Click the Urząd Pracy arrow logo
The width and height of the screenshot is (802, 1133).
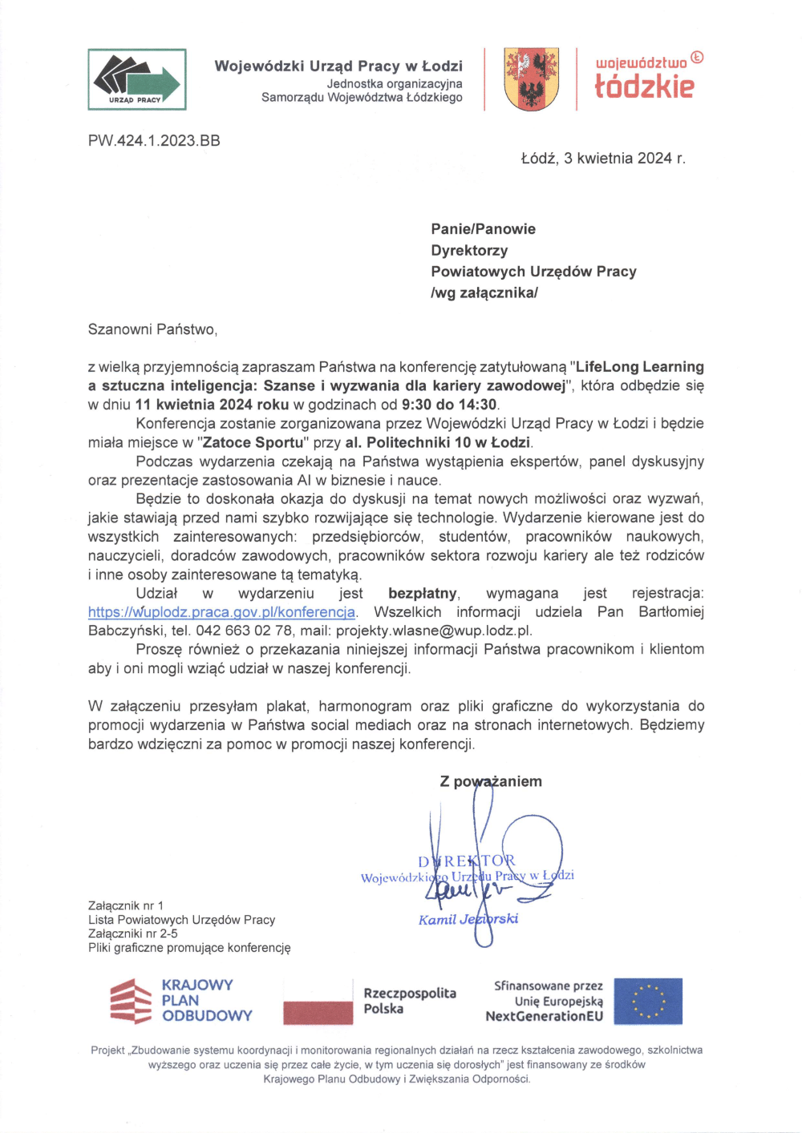(137, 79)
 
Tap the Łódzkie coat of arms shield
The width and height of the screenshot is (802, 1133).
(531, 79)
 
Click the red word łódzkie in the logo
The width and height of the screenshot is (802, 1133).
(644, 86)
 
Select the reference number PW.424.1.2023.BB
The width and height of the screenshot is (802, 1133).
(154, 141)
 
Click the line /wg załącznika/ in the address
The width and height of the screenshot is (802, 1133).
(484, 292)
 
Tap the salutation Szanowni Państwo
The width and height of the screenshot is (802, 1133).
(152, 329)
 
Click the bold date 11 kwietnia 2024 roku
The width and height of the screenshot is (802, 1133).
(212, 405)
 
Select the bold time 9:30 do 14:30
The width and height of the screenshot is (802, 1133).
(449, 405)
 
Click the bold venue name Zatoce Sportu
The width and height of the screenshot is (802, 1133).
(253, 442)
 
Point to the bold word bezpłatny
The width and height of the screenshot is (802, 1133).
(423, 594)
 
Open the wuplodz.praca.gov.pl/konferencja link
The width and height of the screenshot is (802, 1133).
(221, 612)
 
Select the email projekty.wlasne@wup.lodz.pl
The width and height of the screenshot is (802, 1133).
(433, 631)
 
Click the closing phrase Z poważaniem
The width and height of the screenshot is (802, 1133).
(491, 781)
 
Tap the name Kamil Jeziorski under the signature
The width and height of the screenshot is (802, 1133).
(468, 919)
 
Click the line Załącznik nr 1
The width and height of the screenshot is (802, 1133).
(126, 905)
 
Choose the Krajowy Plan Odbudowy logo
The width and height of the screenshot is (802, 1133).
(181, 1001)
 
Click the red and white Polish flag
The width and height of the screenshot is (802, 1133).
(318, 1002)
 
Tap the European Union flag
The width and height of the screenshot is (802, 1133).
(649, 1002)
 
